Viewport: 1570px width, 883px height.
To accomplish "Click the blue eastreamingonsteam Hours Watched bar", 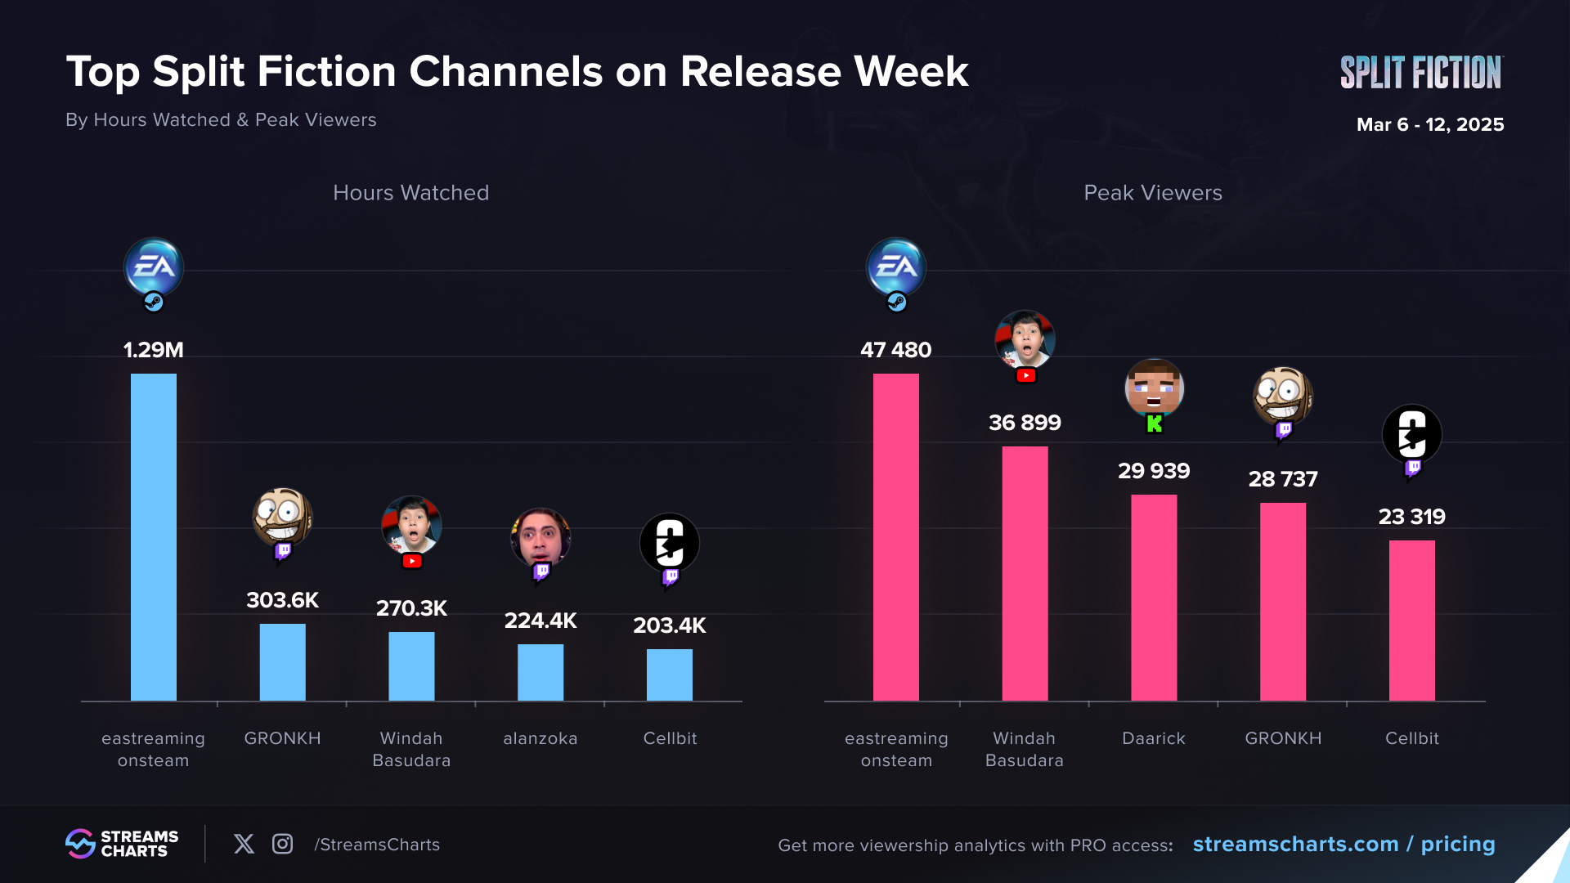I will [154, 536].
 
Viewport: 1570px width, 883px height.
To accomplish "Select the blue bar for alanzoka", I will [541, 672].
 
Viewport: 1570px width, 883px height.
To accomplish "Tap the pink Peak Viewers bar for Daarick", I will [1154, 597].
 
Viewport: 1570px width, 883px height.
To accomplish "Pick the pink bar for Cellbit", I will [1411, 620].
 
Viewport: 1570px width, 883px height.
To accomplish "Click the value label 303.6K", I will [282, 600].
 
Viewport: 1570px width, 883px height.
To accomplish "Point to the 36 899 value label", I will [1025, 423].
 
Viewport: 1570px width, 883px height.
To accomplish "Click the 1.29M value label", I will [154, 350].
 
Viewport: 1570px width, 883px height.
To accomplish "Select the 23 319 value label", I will [1411, 517].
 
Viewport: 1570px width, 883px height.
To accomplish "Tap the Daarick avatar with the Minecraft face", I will [1154, 388].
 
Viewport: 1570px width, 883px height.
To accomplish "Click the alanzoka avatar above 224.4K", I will [541, 537].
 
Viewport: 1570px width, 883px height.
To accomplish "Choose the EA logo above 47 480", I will [896, 267].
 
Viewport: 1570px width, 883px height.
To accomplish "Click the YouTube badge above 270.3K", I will [412, 561].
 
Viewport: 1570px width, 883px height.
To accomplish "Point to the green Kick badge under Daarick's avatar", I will [1155, 424].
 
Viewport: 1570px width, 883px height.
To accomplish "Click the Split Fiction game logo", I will [1420, 72].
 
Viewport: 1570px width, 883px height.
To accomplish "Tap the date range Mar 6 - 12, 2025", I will [1429, 124].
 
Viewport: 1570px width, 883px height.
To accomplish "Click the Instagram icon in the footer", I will [282, 844].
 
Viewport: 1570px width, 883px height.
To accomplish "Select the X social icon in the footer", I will [244, 844].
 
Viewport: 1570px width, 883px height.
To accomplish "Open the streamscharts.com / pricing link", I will [1343, 844].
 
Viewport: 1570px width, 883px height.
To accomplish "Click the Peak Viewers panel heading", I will [1152, 193].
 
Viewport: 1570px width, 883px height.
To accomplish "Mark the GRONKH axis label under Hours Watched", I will [282, 738].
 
